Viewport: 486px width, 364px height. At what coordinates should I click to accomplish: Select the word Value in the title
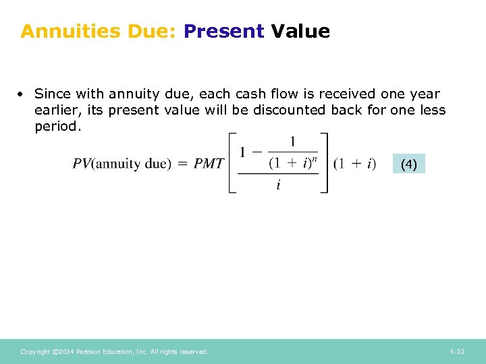tap(300, 31)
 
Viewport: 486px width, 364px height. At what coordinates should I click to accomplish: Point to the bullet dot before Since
tap(23, 94)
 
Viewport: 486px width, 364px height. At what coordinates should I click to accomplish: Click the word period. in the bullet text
tap(57, 126)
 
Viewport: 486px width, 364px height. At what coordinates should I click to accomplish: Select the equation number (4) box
tap(409, 164)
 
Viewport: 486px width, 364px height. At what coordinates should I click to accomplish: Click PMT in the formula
tap(209, 164)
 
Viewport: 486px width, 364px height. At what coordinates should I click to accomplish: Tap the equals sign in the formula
tap(182, 164)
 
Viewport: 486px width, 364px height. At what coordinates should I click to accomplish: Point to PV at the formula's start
tap(82, 164)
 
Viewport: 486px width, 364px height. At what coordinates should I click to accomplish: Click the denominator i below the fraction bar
tap(278, 184)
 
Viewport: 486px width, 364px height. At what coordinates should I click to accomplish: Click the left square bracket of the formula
tap(233, 163)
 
